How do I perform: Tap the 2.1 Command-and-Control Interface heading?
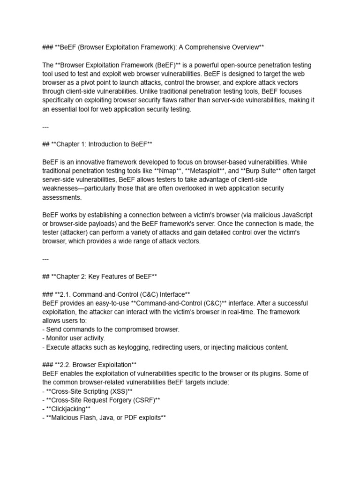(116, 294)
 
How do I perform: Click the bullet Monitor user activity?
(74, 338)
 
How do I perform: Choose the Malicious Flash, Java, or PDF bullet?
(104, 418)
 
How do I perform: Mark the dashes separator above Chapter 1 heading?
(45, 127)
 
